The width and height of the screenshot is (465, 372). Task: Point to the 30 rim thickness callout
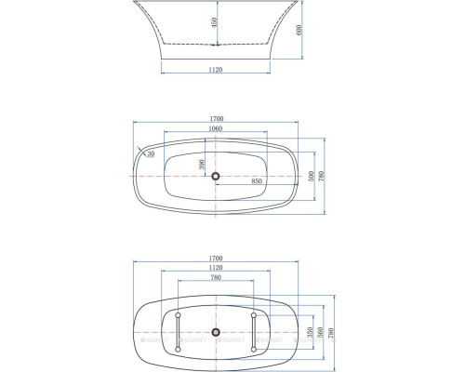[150, 154]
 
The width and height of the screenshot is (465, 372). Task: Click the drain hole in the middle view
[215, 176]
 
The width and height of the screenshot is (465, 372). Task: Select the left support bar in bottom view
[177, 331]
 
